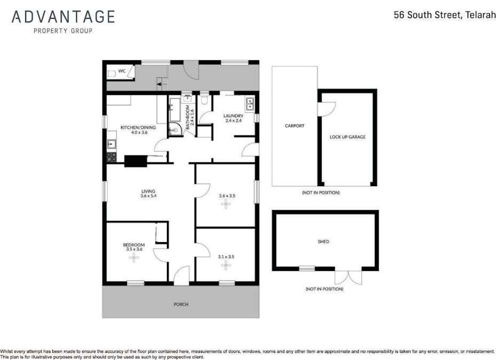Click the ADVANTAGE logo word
point(63,17)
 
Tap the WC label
point(122,71)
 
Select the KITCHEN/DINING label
point(138,127)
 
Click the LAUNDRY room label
point(233,116)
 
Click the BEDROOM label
point(133,245)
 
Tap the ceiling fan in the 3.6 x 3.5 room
point(227,205)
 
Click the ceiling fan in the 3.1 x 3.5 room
point(226,265)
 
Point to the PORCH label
point(181,305)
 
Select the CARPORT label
point(294,126)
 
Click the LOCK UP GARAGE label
point(348,137)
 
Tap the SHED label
point(323,242)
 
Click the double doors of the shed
point(348,277)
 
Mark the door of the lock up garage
point(325,108)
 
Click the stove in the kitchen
point(111,157)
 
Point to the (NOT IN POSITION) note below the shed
point(324,289)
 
